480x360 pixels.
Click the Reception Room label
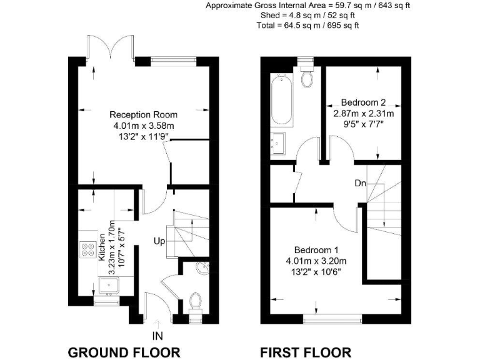point(143,114)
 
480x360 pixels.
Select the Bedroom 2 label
point(362,102)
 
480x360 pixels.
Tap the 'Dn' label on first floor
point(361,184)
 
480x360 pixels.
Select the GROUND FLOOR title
point(124,351)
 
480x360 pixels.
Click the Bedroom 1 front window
point(332,319)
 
